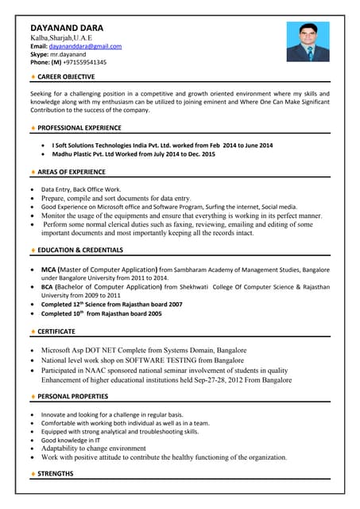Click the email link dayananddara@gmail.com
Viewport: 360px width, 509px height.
pyautogui.click(x=85, y=47)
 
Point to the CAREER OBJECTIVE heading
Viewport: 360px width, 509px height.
pyautogui.click(x=66, y=77)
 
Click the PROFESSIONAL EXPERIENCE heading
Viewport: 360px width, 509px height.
pyautogui.click(x=79, y=127)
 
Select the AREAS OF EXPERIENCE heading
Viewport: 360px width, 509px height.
pyautogui.click(x=72, y=171)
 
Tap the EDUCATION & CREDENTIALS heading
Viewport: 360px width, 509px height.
pyautogui.click(x=80, y=250)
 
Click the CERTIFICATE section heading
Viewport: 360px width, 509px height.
pyautogui.click(x=56, y=331)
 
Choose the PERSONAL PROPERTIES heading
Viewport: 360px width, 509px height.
pyautogui.click(x=74, y=395)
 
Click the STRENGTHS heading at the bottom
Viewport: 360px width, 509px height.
pyautogui.click(x=56, y=474)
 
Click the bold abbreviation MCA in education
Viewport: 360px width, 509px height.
pyautogui.click(x=49, y=270)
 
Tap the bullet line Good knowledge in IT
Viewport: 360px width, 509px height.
pyautogui.click(x=71, y=440)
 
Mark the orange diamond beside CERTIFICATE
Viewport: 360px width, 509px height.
pyautogui.click(x=33, y=331)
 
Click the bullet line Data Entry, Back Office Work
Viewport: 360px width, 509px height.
pyautogui.click(x=81, y=189)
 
